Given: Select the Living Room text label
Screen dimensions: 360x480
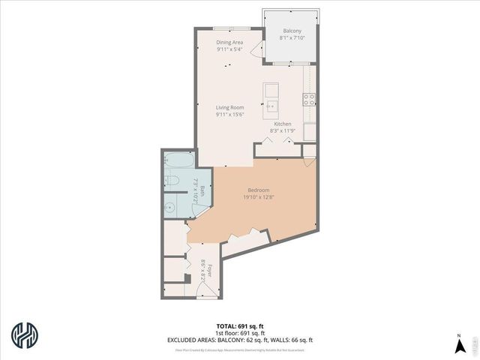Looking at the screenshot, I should (230, 107).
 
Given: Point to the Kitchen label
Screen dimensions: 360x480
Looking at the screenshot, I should (282, 124).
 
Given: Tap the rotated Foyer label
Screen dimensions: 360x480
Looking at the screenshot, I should (209, 270).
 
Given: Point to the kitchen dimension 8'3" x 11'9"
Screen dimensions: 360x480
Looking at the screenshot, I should (282, 130).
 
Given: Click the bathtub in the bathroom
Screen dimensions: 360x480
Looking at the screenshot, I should (178, 160).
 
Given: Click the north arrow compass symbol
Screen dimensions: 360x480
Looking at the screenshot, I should (459, 345).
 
